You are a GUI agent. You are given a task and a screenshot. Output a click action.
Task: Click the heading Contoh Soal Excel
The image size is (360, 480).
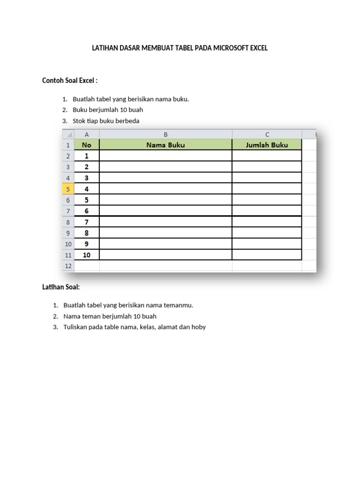click(x=70, y=81)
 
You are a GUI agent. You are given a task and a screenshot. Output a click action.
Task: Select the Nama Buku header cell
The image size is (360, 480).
click(x=165, y=145)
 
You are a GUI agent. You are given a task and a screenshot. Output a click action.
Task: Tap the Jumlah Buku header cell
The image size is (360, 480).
click(x=267, y=145)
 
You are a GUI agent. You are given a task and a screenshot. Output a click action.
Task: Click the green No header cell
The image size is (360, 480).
click(x=87, y=145)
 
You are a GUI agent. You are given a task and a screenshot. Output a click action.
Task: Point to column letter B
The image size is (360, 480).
click(x=165, y=134)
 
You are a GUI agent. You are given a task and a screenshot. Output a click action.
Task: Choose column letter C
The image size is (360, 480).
click(x=267, y=134)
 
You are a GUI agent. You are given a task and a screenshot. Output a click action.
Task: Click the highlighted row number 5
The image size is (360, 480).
click(x=68, y=189)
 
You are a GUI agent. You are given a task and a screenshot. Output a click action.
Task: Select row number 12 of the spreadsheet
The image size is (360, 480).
click(x=68, y=266)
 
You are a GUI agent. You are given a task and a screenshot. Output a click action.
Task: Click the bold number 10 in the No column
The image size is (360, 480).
click(x=87, y=255)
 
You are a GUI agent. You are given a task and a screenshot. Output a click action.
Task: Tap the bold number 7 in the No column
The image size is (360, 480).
click(x=87, y=222)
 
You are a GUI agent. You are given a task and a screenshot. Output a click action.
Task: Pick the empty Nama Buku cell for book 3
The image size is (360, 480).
click(x=165, y=178)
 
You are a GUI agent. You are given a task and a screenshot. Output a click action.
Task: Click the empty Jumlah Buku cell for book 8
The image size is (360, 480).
click(x=267, y=233)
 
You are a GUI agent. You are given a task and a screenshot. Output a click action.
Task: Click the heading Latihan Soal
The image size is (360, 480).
click(x=61, y=287)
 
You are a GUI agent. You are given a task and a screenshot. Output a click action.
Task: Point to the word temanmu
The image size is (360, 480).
click(x=178, y=305)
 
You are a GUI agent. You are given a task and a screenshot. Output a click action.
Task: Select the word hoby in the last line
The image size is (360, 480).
click(x=198, y=327)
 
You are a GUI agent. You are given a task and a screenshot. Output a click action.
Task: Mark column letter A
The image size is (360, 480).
click(x=87, y=134)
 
